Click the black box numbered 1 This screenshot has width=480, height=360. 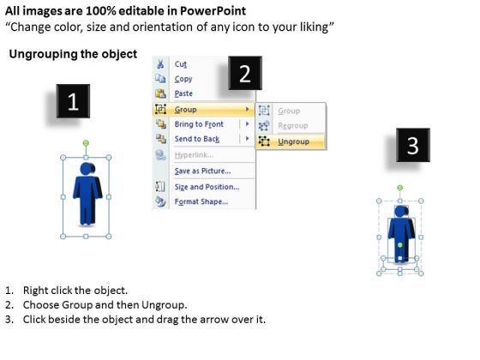coord(73,101)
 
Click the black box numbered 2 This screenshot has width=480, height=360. coord(245,73)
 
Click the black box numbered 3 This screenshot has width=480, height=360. coord(413,145)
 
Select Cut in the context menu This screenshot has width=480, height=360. coord(181,64)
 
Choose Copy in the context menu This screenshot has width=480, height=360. coord(183,79)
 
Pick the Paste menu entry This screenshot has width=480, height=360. coord(183,93)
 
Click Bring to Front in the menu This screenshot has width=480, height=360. coord(199,124)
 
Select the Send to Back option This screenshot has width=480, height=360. coord(197,139)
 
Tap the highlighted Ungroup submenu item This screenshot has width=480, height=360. coord(293,141)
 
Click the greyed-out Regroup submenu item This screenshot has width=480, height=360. coord(293,125)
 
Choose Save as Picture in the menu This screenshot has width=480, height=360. coord(202,171)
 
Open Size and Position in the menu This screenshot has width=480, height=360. coord(207,187)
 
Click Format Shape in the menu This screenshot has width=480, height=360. coord(201,201)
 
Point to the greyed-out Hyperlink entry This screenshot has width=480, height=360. coord(194,155)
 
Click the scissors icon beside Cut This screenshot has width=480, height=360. coord(160,64)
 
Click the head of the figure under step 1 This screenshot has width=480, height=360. coord(87,169)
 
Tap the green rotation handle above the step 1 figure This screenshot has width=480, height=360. coord(86,142)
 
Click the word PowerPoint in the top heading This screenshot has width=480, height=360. coord(213,11)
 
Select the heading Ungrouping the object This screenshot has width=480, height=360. coord(73,54)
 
